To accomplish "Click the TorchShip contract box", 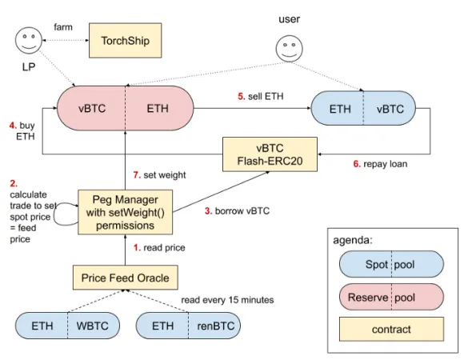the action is tap(126, 40).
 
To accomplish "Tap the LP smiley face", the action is tap(29, 41).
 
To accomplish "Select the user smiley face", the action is tap(290, 48).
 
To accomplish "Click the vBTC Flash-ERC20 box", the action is tap(270, 154).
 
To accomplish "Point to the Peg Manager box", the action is tap(126, 212).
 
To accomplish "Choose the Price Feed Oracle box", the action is tap(126, 278).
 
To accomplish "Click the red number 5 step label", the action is tap(241, 96).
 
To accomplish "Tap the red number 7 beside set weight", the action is tap(137, 175).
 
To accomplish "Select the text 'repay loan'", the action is tap(386, 164).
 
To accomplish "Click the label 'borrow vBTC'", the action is tap(242, 211).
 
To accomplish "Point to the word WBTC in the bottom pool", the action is tap(93, 326).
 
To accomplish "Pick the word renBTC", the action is tap(215, 326).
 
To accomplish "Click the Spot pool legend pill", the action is tap(391, 264).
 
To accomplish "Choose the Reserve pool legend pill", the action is tap(391, 297).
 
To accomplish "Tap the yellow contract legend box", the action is tap(391, 329).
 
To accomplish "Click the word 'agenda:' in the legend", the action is tap(353, 240).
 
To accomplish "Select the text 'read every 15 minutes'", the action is tap(227, 300).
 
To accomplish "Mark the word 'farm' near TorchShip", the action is tap(63, 27).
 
